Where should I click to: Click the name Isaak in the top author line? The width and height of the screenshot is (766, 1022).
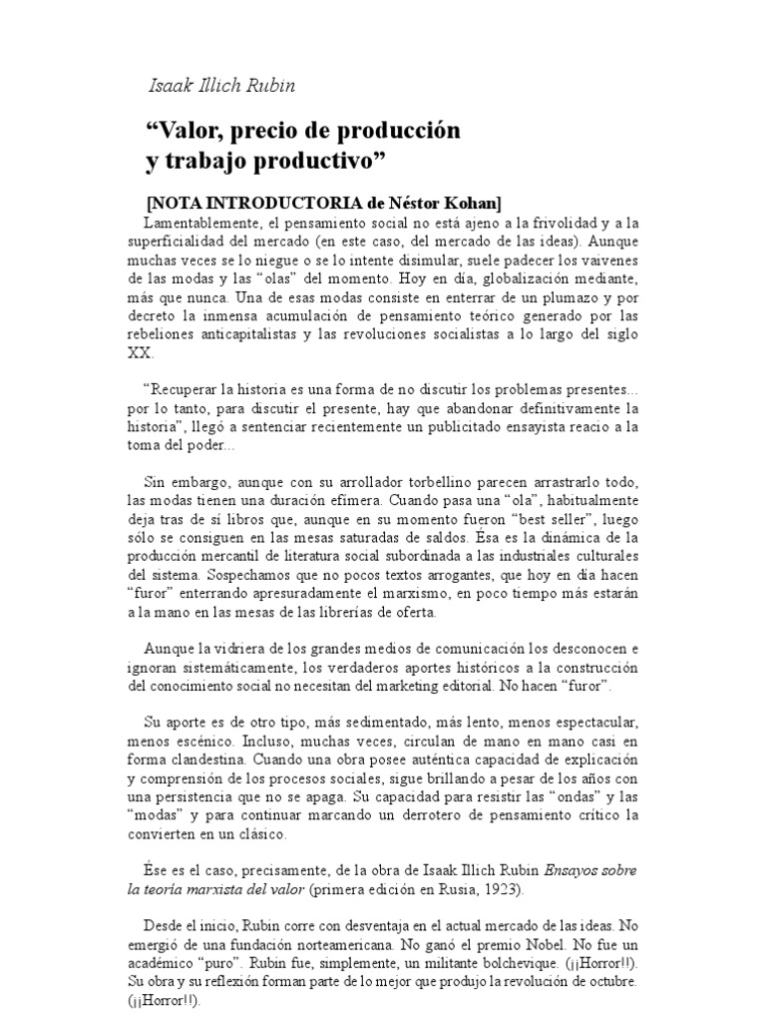(x=170, y=86)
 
